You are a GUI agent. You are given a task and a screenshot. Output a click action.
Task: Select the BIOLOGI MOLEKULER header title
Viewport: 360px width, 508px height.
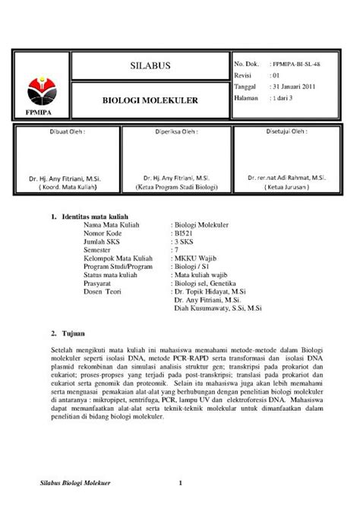151,99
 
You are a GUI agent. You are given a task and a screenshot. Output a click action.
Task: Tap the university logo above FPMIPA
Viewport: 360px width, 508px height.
41,88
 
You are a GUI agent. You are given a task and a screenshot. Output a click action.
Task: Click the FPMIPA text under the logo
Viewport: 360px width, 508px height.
41,112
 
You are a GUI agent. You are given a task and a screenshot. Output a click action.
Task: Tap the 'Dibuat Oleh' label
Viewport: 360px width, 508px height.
68,131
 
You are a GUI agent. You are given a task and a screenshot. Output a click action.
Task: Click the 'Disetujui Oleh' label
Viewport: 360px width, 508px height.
286,130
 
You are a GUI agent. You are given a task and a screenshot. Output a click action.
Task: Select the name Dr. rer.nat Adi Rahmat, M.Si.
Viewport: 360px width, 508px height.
286,176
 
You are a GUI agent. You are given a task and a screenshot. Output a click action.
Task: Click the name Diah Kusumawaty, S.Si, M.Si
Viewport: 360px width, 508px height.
218,308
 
